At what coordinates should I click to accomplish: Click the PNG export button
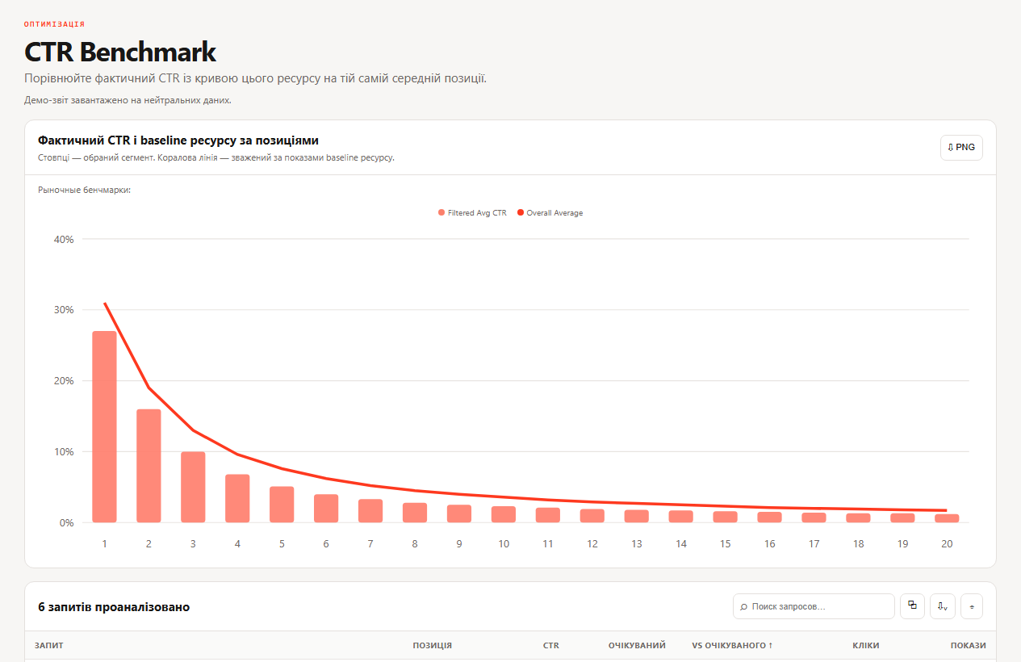pos(961,147)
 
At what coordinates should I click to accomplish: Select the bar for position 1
pos(104,427)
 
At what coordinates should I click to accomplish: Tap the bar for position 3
pos(193,487)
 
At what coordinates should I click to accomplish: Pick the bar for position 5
pos(282,505)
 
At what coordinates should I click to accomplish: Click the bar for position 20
pos(947,518)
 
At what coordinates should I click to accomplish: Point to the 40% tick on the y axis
pos(64,239)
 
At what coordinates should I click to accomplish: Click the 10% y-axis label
pos(64,452)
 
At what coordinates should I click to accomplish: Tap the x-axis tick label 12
pos(592,544)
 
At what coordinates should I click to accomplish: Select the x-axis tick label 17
pos(814,544)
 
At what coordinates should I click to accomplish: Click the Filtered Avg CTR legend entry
pos(472,213)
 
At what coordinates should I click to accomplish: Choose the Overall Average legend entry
pos(550,213)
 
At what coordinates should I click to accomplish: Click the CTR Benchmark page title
pos(120,52)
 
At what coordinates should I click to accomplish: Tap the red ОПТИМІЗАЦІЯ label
pos(54,24)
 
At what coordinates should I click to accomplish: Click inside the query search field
pos(814,606)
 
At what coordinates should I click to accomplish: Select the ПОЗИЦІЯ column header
pos(432,645)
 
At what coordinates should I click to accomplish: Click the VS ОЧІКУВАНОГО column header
pos(732,645)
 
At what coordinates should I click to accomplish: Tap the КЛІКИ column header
pos(865,645)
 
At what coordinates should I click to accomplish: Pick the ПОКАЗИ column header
pos(968,645)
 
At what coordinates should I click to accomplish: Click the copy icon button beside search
pos(912,606)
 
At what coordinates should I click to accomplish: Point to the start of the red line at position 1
pos(105,304)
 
